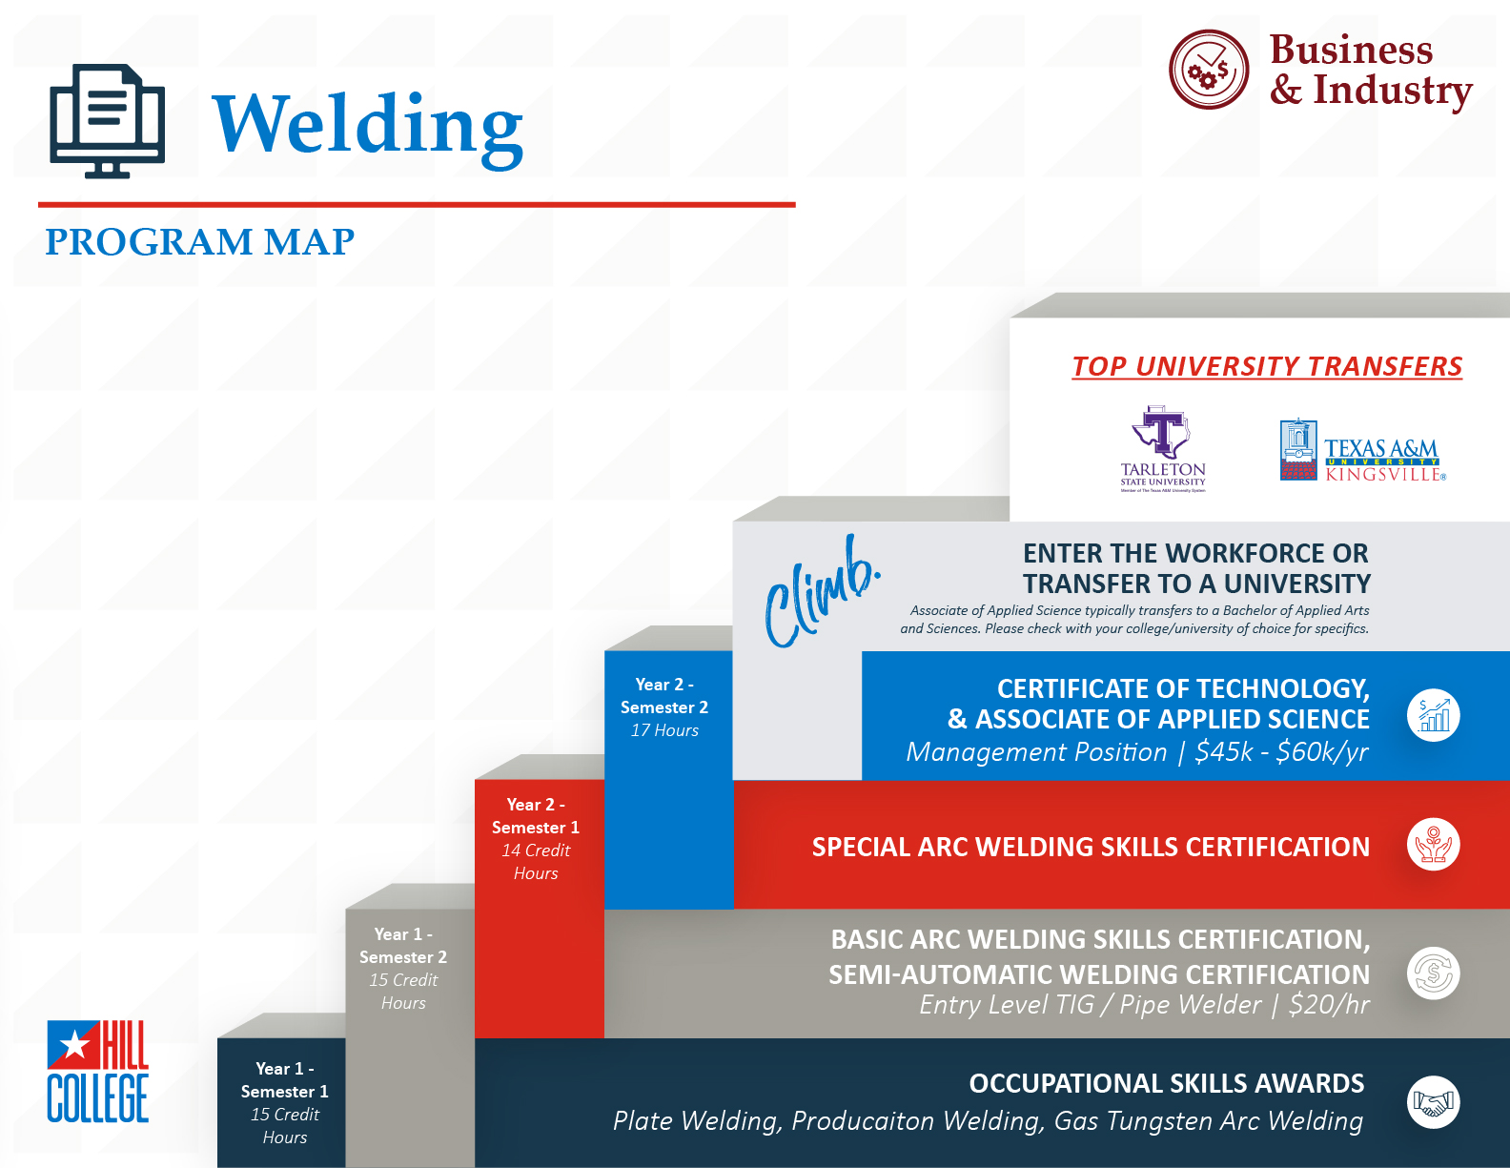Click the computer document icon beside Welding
(x=107, y=121)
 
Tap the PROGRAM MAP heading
(x=199, y=242)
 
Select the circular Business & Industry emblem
(x=1208, y=70)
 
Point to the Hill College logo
(x=98, y=1071)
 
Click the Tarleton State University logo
(x=1163, y=449)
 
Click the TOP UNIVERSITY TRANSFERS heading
(x=1267, y=366)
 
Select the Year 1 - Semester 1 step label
(x=285, y=1102)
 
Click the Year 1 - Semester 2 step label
(x=403, y=968)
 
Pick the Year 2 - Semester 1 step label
(x=535, y=838)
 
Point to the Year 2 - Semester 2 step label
(x=664, y=707)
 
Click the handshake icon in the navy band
(x=1433, y=1102)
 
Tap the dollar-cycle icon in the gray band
(x=1433, y=973)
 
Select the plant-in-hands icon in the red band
(x=1433, y=844)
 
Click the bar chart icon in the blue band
(x=1433, y=715)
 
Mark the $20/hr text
(x=1329, y=1005)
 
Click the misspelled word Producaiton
(x=863, y=1120)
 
